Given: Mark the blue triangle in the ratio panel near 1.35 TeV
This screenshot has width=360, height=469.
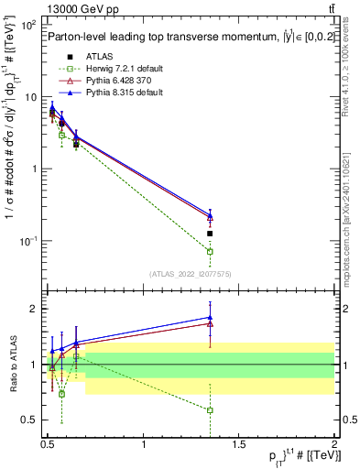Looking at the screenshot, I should [210, 318].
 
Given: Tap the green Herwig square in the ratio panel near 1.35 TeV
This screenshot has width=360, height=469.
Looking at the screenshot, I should [210, 409].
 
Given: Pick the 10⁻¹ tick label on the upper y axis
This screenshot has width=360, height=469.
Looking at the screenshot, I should [27, 241].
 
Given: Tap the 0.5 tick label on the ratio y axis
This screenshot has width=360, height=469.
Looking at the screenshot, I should [29, 420].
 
